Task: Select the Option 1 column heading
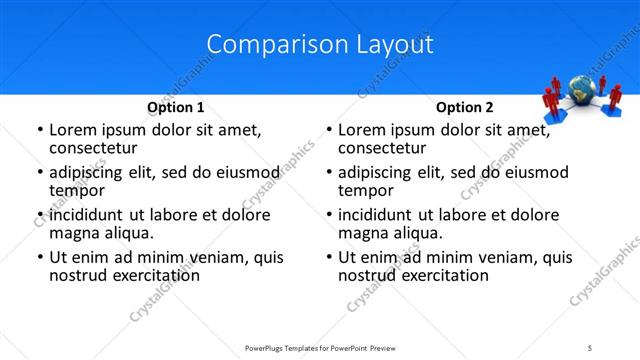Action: tap(176, 107)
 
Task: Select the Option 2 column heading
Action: tap(465, 107)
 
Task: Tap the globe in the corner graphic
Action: tap(580, 89)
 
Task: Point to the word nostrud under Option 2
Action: tap(366, 275)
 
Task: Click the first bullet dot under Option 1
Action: tap(39, 131)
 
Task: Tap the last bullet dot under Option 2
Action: tap(328, 258)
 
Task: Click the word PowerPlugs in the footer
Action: tap(268, 347)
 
